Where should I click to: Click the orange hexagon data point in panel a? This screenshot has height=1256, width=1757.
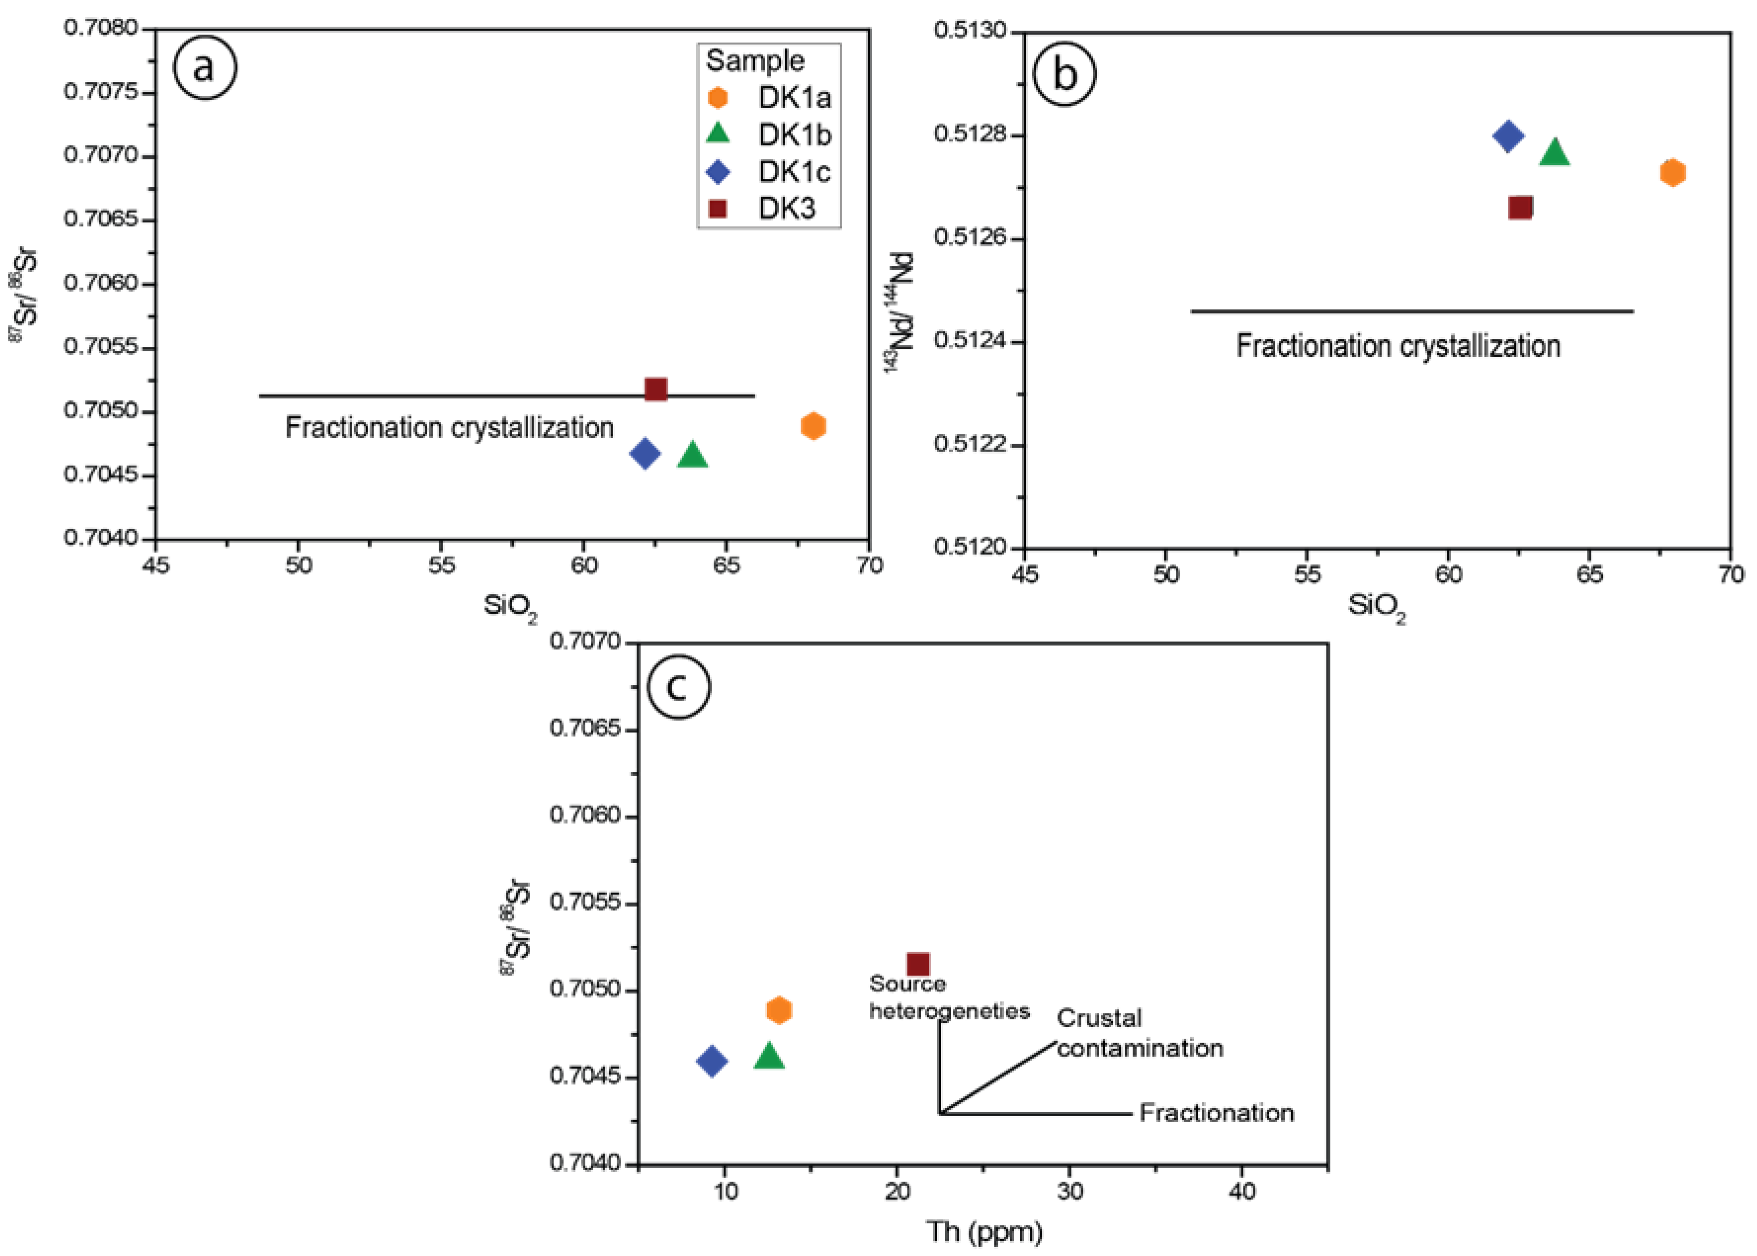(x=813, y=425)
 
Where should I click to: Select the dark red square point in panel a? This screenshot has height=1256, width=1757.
(x=655, y=389)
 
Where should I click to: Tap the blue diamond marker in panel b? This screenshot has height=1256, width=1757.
(x=1508, y=136)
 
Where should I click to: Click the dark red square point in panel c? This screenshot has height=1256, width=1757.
(x=918, y=964)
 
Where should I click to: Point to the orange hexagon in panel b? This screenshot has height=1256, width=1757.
(x=1672, y=172)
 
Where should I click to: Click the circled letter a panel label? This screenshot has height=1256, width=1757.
(x=204, y=68)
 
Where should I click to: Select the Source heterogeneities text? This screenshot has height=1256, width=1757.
(x=948, y=998)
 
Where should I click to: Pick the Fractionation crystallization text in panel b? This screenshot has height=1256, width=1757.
(x=1397, y=346)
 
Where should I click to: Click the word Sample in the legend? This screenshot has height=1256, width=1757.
(x=754, y=60)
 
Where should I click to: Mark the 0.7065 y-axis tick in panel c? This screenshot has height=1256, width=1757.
(x=585, y=729)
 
